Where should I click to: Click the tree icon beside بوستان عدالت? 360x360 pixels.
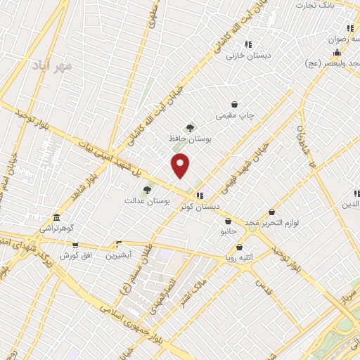147,189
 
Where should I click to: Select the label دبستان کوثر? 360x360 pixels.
200,206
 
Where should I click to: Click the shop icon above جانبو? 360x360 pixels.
227,221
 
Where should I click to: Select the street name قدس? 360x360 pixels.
263,287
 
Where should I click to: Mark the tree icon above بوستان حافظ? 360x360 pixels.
190,127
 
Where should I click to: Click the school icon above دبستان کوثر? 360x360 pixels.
200,195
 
